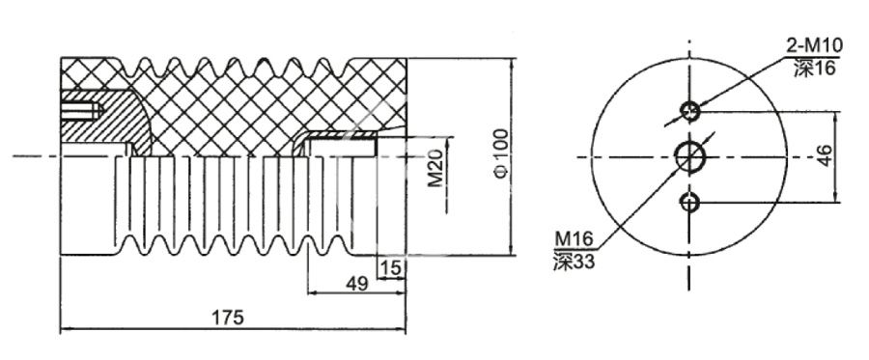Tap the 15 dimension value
coord(391,266)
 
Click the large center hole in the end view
coord(691,154)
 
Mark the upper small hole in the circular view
coord(690,111)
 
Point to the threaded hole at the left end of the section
coord(81,110)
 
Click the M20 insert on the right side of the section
coord(338,145)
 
